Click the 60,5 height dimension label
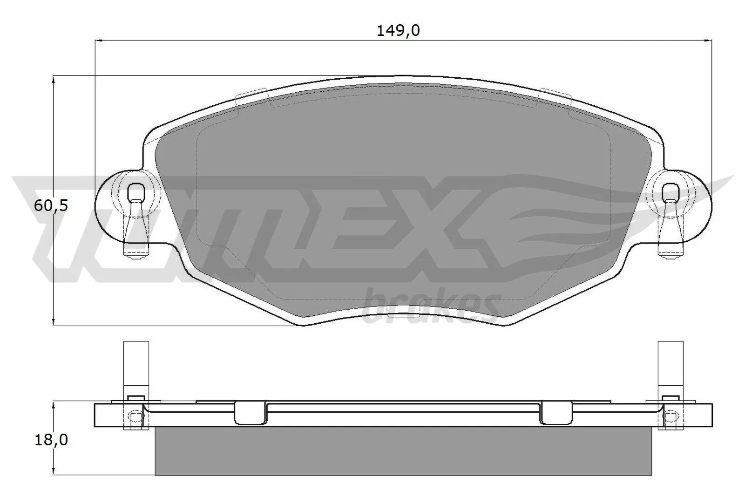click(x=51, y=205)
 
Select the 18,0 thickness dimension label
click(x=51, y=440)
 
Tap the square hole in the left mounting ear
click(x=136, y=191)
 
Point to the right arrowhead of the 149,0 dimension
click(x=709, y=41)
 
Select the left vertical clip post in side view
click(x=136, y=368)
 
